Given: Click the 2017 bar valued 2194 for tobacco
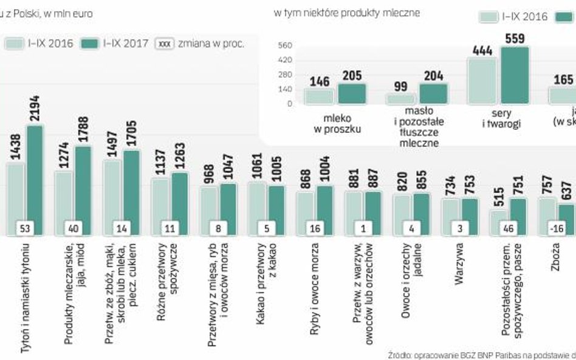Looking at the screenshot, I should coord(34,176).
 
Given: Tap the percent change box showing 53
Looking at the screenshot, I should coord(25,229).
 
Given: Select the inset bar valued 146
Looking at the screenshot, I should coord(320,96).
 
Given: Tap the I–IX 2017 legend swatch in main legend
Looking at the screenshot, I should coord(91,44).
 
